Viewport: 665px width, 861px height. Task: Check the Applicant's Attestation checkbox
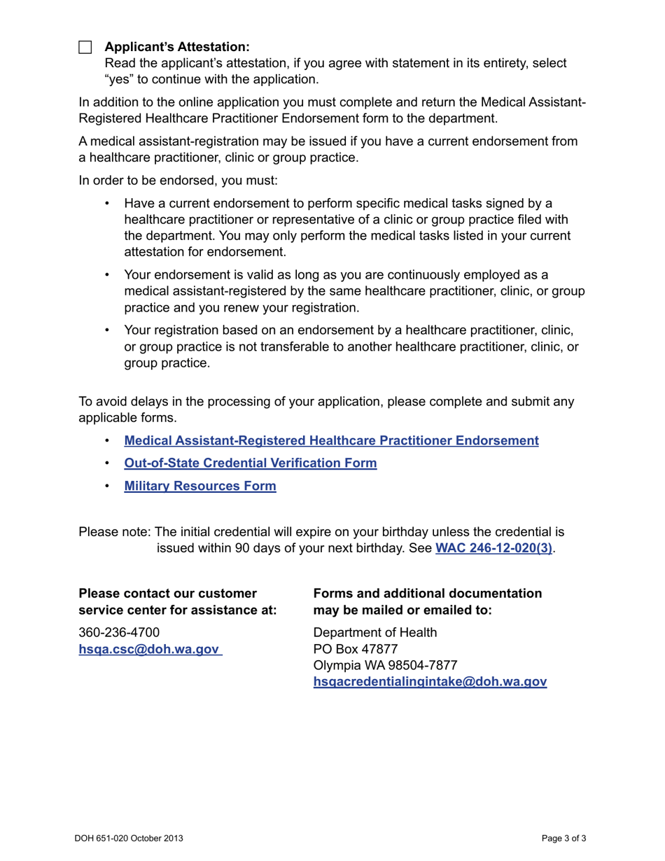85,48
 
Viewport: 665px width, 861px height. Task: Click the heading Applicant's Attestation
176,47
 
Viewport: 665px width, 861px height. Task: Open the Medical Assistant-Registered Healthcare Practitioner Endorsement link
331,441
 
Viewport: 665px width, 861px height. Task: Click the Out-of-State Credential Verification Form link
250,463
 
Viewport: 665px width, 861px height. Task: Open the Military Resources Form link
199,486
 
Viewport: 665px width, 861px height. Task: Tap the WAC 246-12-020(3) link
493,549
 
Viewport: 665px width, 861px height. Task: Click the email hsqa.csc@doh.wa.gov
149,650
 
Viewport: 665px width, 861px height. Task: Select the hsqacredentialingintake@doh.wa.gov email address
430,682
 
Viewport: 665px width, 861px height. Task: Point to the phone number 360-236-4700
119,633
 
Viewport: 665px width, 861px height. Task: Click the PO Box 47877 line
356,649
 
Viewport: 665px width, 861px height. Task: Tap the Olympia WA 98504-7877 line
385,665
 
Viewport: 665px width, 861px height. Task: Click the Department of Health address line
374,633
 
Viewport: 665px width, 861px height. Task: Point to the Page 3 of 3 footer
563,838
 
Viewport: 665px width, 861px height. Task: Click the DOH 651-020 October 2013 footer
129,838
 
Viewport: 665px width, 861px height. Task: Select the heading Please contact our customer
168,594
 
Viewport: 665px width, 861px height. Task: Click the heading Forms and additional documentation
427,594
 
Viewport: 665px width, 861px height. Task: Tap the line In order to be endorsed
178,181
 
